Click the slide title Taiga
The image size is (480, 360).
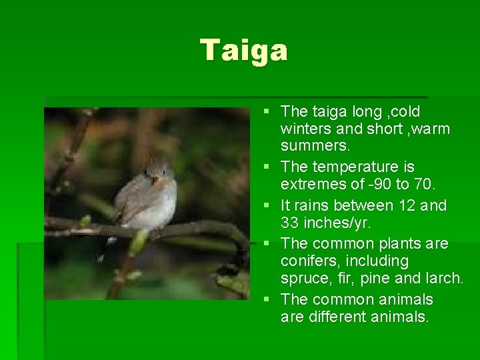click(244, 51)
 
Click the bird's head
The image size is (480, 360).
click(158, 171)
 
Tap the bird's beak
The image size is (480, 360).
click(155, 179)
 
